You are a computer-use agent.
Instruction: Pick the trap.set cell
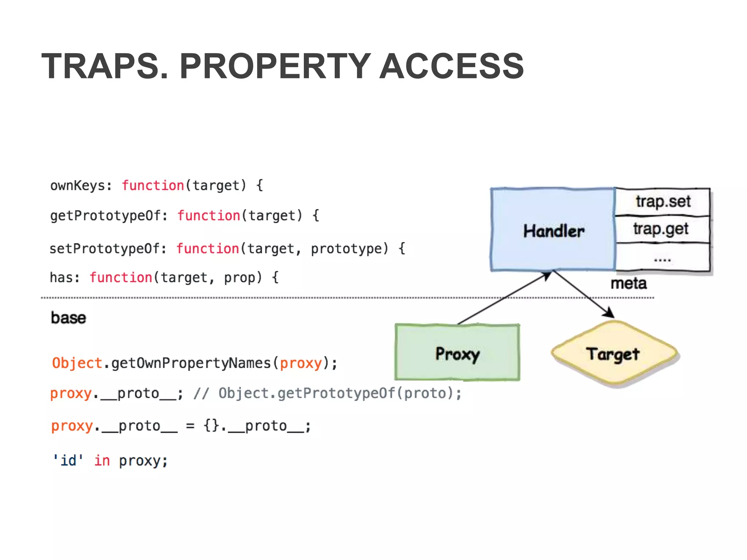tap(663, 202)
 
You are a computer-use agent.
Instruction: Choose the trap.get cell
tap(661, 229)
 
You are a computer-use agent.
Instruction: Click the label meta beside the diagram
tap(628, 283)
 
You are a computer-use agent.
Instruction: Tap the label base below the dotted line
tap(69, 318)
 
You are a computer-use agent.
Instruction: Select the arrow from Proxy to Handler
tap(503, 298)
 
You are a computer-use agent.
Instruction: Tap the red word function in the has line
tap(121, 278)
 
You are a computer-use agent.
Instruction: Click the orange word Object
tap(77, 363)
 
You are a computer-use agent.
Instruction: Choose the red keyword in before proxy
tap(102, 460)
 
